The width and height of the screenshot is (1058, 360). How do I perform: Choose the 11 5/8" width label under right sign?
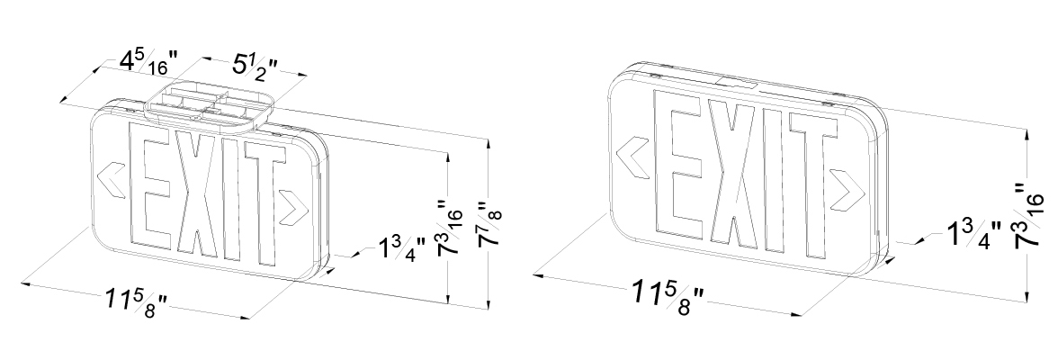[668, 297]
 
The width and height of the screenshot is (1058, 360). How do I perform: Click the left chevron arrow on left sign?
[112, 180]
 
